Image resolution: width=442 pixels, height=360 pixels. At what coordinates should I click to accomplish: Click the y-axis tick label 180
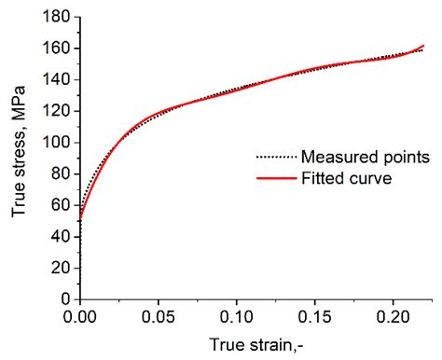(x=57, y=16)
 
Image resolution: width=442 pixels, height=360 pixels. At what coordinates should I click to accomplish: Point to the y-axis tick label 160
(x=57, y=48)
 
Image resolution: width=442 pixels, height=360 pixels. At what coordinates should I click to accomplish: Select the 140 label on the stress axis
(x=57, y=79)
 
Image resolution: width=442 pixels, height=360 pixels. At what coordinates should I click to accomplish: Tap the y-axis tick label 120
(x=57, y=110)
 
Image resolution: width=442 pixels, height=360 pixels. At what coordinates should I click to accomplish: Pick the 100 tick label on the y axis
(x=57, y=142)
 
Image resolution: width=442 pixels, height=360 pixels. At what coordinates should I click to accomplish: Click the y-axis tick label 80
(x=62, y=173)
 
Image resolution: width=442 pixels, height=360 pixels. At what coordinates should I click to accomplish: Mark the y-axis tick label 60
(x=62, y=204)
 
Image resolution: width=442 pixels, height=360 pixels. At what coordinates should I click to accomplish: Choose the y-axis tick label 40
(x=62, y=236)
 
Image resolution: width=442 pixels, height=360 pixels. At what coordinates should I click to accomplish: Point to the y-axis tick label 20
(x=62, y=268)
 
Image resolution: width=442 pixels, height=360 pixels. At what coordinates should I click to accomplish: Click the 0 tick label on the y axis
(x=66, y=298)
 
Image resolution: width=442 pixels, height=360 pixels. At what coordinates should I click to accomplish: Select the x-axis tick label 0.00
(x=81, y=317)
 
